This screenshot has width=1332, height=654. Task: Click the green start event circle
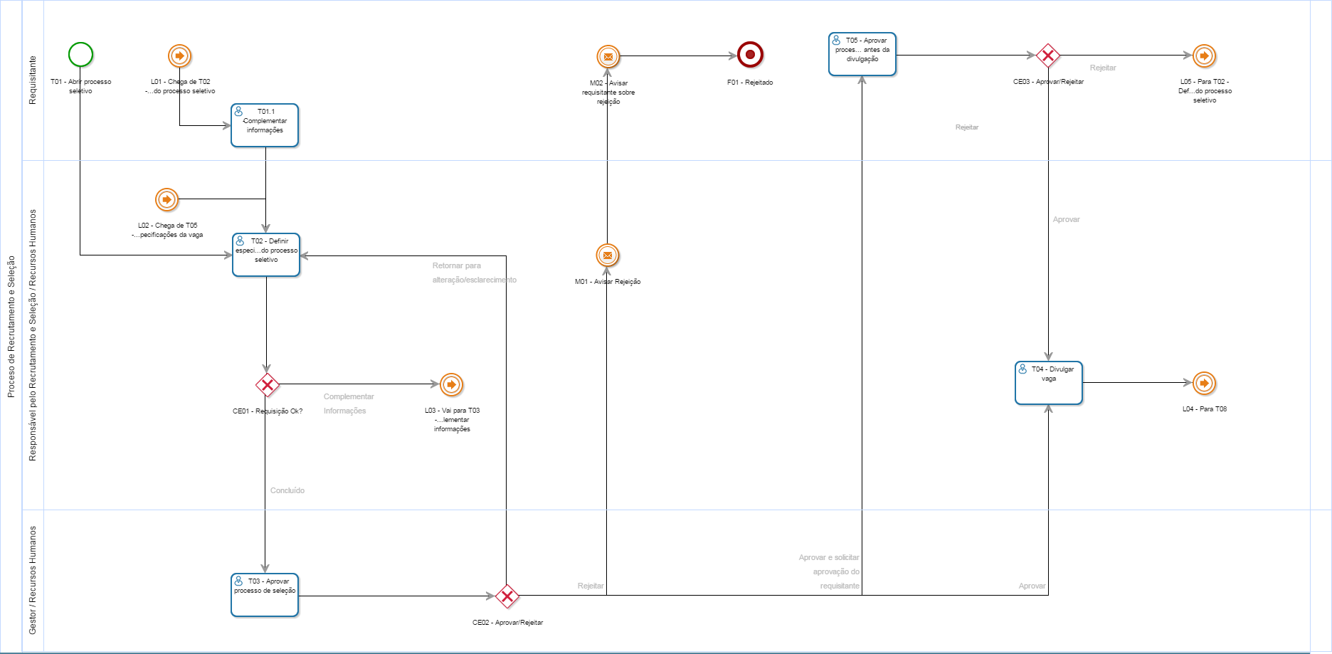[80, 54]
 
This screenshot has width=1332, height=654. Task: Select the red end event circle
[750, 55]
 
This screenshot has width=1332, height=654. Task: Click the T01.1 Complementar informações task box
[265, 125]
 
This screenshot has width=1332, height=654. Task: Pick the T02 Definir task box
[266, 255]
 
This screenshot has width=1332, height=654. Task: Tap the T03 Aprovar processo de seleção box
[265, 595]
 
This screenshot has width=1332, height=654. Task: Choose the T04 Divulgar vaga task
[1048, 383]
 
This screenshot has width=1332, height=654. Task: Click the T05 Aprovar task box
[862, 54]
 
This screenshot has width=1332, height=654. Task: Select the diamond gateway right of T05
[1047, 56]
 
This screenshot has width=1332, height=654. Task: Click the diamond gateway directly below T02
[267, 385]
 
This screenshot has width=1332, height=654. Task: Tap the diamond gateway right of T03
[507, 596]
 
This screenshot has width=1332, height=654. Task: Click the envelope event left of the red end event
[608, 56]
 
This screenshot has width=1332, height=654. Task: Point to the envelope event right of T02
[607, 255]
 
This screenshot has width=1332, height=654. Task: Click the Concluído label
[287, 490]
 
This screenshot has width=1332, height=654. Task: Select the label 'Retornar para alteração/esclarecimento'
[474, 273]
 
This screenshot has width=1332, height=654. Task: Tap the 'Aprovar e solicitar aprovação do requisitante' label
[830, 571]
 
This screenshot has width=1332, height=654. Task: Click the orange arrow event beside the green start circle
[179, 56]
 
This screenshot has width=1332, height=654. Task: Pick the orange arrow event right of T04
[1204, 383]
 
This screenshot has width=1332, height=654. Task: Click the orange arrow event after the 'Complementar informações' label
[451, 384]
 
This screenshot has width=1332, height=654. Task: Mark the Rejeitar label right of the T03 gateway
[591, 586]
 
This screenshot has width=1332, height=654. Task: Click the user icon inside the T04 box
[1022, 369]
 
